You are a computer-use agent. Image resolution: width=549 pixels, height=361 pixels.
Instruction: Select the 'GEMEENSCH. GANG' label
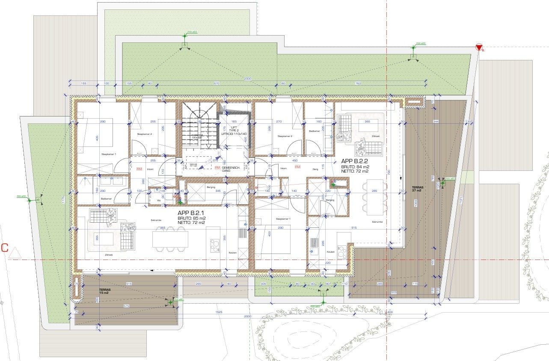pos(229,169)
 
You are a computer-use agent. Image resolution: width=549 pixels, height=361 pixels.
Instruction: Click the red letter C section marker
pos(5,248)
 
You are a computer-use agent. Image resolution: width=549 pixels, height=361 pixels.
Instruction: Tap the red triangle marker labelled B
pos(478,47)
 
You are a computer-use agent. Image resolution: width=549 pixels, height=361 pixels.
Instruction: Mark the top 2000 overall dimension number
pos(248,79)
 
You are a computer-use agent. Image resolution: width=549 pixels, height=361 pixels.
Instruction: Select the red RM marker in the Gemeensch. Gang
pos(217,167)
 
